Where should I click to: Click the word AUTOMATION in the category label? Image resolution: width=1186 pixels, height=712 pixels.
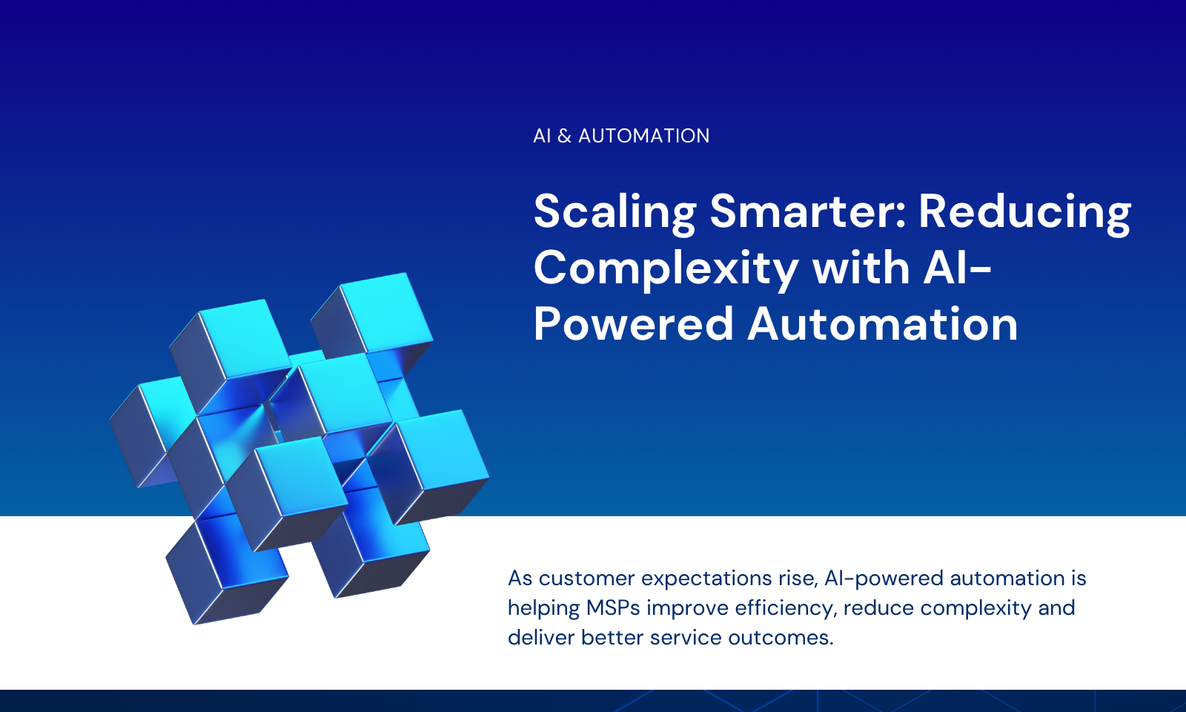(643, 136)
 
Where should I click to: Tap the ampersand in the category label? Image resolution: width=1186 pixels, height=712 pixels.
(564, 136)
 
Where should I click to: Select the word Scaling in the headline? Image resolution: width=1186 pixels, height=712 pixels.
(614, 213)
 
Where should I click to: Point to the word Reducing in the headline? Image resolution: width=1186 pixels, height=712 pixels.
(1024, 213)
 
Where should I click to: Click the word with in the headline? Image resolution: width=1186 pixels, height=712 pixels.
(861, 267)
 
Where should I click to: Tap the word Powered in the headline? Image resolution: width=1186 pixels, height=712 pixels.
(633, 323)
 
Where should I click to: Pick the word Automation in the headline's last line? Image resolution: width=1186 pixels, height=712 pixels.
(883, 323)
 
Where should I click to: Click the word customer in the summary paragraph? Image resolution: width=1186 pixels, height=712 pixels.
(586, 578)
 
